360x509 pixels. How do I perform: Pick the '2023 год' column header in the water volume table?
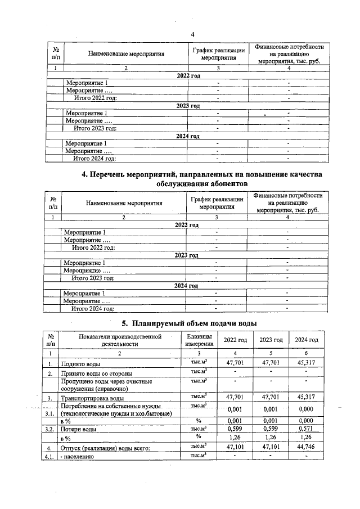(x=271, y=340)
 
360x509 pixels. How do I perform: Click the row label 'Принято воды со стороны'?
(x=96, y=373)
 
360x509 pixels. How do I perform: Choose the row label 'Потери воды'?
(x=79, y=429)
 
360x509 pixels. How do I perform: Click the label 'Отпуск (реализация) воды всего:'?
(x=105, y=448)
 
